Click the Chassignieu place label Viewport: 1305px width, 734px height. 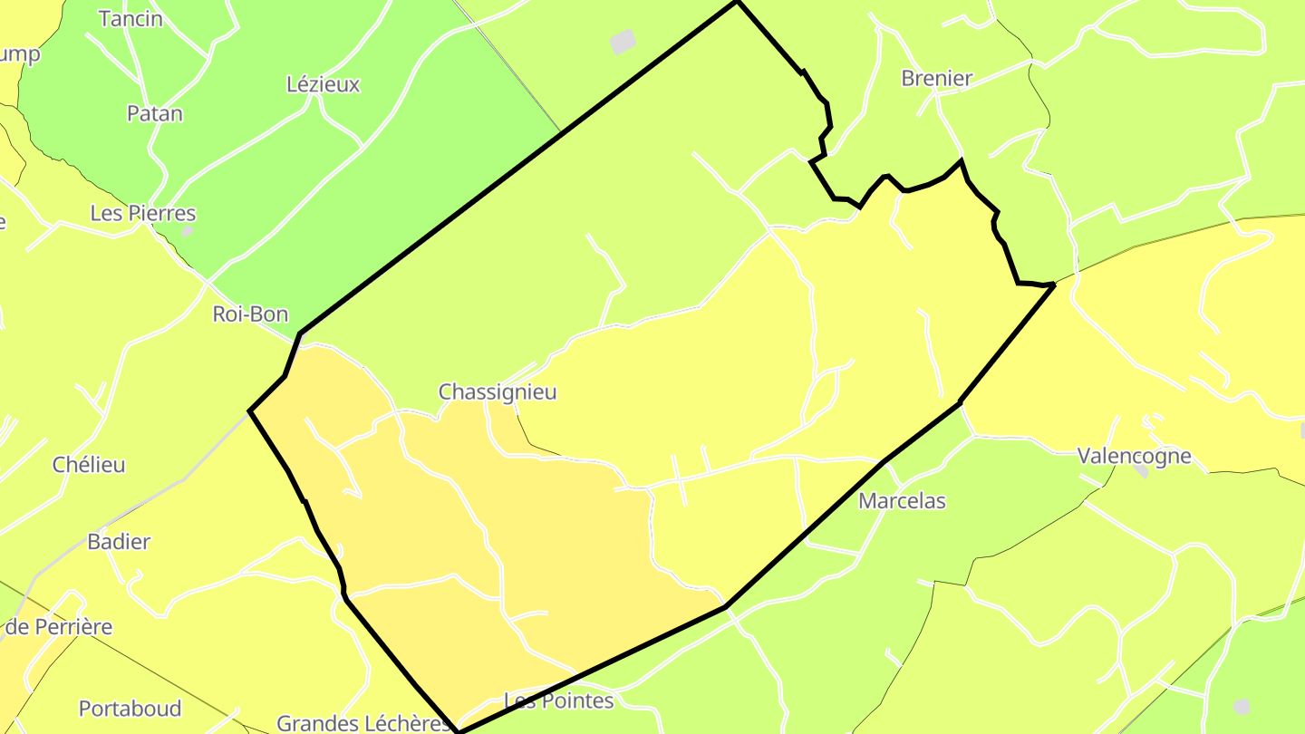498,392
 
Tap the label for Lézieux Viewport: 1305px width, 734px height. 323,85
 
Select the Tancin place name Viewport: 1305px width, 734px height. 130,19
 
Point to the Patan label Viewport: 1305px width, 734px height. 154,114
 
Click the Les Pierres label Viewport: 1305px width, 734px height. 143,214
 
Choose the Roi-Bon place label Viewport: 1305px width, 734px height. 250,314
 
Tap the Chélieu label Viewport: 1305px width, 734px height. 89,465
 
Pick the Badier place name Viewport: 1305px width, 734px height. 119,542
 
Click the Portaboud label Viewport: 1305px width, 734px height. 130,709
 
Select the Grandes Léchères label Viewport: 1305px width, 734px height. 363,723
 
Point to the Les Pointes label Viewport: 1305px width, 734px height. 558,701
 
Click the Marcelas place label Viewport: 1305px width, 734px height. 902,501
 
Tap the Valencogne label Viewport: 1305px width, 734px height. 1134,456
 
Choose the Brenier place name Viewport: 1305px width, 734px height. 936,79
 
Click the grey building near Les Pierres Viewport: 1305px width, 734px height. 187,230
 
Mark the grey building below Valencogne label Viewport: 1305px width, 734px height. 1141,470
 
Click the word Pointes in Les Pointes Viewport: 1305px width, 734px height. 577,701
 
